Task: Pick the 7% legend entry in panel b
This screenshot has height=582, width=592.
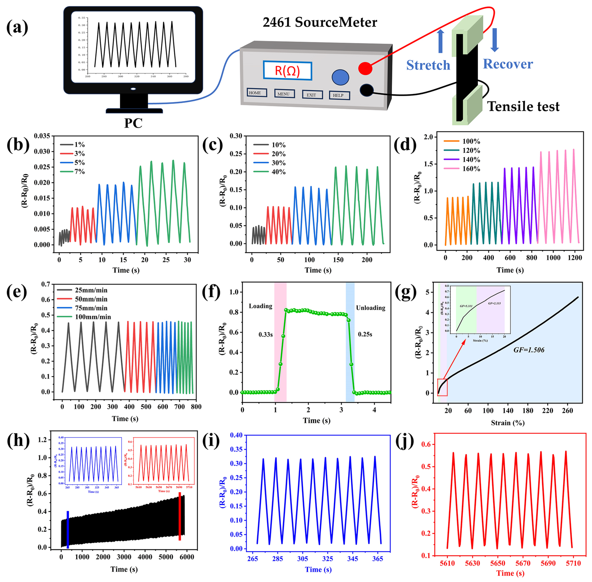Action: point(73,171)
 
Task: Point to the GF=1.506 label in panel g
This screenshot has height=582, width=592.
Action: point(529,350)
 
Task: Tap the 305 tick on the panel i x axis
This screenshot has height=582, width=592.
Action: point(302,559)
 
